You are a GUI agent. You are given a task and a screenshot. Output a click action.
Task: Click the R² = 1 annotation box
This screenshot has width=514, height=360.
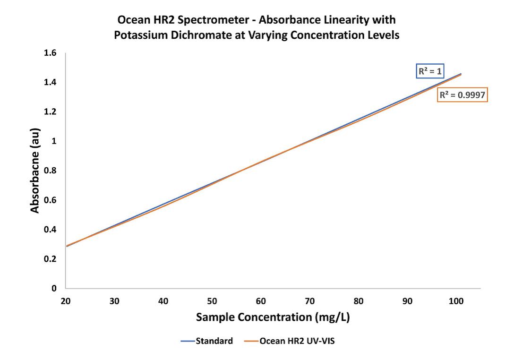pos(430,71)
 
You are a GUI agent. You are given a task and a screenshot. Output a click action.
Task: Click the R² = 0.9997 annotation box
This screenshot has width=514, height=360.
pos(461,95)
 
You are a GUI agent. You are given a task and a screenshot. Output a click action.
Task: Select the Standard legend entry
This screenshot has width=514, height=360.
pos(214,341)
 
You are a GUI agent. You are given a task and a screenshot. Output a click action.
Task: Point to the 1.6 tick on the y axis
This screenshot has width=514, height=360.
pos(50,53)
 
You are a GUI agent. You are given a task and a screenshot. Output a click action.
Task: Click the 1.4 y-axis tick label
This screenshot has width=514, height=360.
pos(50,83)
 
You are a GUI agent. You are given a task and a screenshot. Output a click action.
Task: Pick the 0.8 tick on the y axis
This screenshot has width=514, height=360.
pos(50,171)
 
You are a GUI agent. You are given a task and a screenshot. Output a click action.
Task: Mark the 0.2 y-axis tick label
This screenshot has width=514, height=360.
pos(50,259)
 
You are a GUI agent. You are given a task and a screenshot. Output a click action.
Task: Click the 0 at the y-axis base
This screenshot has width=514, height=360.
pos(54,288)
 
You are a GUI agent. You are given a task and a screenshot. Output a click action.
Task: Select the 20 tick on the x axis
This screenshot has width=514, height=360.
pos(66,301)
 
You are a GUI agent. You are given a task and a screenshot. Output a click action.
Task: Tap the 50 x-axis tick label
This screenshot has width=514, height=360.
pos(212,301)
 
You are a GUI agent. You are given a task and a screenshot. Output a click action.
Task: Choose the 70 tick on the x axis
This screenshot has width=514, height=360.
pos(310,301)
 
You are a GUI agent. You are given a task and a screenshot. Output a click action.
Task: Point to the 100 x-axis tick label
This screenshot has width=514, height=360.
pos(456,301)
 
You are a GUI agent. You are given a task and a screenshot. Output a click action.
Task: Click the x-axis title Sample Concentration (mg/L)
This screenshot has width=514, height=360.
pos(273,317)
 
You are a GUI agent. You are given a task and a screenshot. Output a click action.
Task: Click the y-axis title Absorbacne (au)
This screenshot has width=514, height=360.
pos(35,171)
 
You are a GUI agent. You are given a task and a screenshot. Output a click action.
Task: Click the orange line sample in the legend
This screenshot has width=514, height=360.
pos(250,341)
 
